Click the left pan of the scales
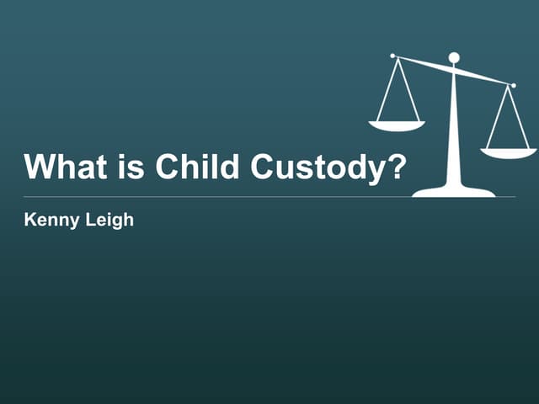tap(397, 125)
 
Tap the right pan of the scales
tap(509, 153)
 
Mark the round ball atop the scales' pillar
tap(454, 58)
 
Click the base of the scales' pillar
tap(454, 192)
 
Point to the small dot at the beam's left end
tap(392, 56)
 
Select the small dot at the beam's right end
tap(514, 85)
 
